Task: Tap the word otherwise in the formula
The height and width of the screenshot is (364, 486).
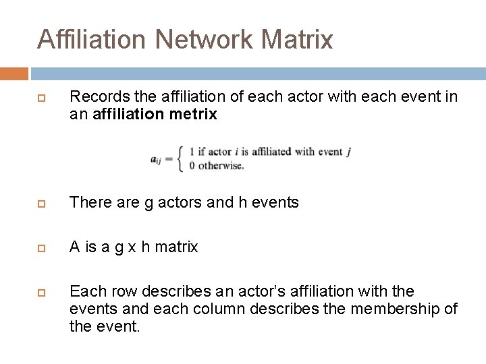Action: coord(219,166)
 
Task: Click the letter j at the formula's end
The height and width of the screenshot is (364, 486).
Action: coord(348,152)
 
